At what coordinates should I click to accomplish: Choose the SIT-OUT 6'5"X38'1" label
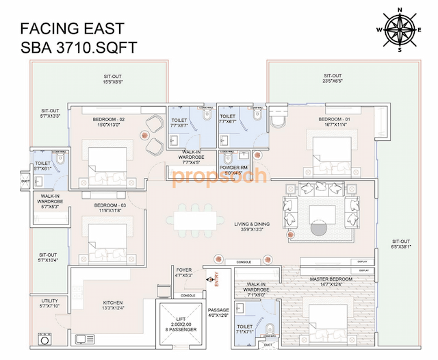coord(402,244)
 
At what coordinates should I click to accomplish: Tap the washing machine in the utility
coord(47,339)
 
